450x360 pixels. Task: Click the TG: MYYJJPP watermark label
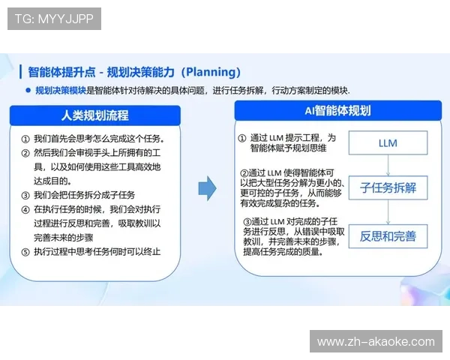click(x=53, y=19)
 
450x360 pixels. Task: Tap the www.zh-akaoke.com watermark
click(x=375, y=342)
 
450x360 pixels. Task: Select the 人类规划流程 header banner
click(x=95, y=115)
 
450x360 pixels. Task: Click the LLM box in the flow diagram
click(x=388, y=143)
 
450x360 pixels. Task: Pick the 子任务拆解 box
click(x=388, y=187)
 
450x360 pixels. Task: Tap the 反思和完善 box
click(x=388, y=236)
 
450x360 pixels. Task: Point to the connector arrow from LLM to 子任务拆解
click(x=388, y=165)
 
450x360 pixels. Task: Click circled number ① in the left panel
click(x=25, y=139)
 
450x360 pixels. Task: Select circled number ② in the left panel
click(x=25, y=153)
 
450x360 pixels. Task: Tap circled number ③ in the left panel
click(x=25, y=195)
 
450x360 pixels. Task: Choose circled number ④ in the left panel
click(x=25, y=209)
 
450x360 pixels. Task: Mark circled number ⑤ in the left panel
click(x=25, y=251)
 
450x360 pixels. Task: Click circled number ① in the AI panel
click(x=241, y=139)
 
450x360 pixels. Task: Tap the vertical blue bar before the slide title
click(x=20, y=72)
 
